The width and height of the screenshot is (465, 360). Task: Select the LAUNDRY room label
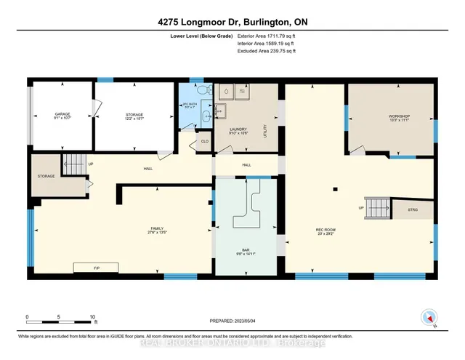click(x=240, y=131)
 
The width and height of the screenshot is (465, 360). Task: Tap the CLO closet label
click(x=204, y=141)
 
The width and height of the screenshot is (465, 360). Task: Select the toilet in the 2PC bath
click(x=203, y=92)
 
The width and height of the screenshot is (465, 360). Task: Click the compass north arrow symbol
click(x=429, y=317)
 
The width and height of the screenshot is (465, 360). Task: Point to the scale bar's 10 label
click(x=92, y=318)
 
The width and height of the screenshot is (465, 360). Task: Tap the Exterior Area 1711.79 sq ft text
click(x=267, y=34)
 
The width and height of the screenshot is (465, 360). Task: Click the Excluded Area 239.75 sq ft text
click(x=267, y=52)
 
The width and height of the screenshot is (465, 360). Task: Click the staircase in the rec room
click(x=373, y=209)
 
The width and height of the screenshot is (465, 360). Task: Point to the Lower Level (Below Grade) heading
click(x=202, y=34)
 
